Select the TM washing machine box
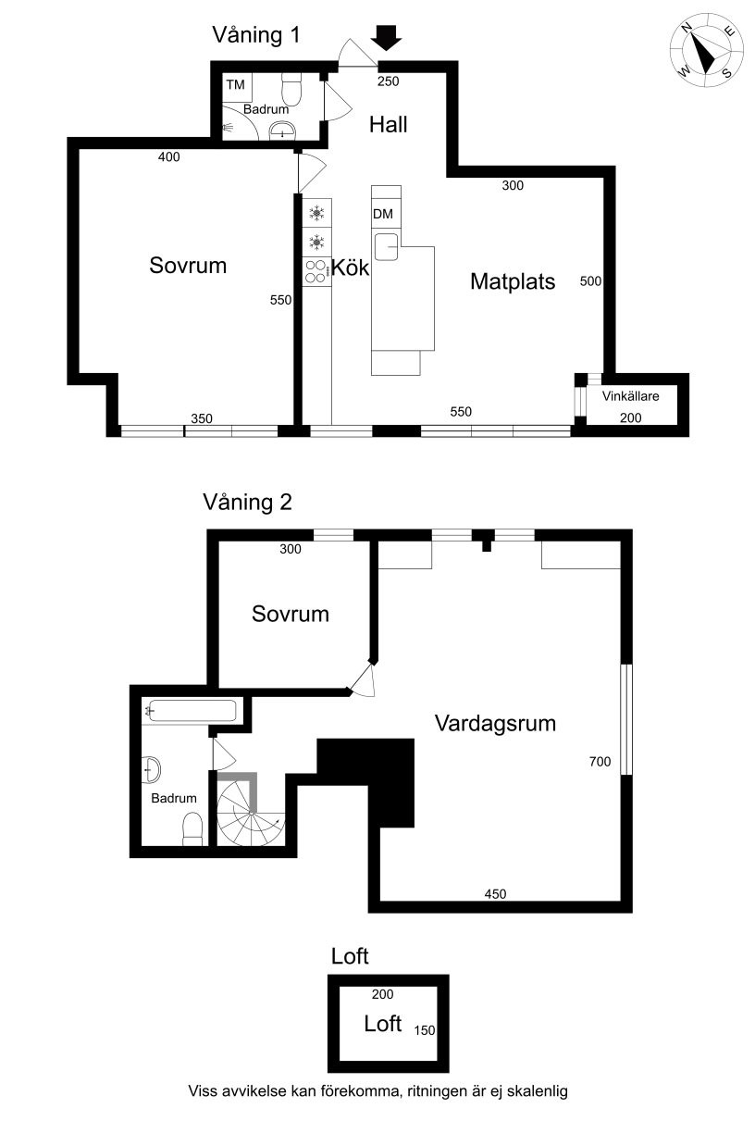tap(237, 89)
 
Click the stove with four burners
tap(317, 272)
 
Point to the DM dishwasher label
tap(383, 214)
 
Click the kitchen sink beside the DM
tap(387, 247)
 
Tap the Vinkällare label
tap(630, 396)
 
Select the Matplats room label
tap(513, 281)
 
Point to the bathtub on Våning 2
tap(191, 711)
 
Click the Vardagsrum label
tap(495, 723)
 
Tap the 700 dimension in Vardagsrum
tap(600, 761)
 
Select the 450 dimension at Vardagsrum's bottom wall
tap(495, 894)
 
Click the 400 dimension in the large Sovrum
tap(169, 157)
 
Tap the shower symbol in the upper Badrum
tap(228, 127)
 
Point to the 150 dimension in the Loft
tap(425, 1030)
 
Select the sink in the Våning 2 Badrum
tap(151, 769)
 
